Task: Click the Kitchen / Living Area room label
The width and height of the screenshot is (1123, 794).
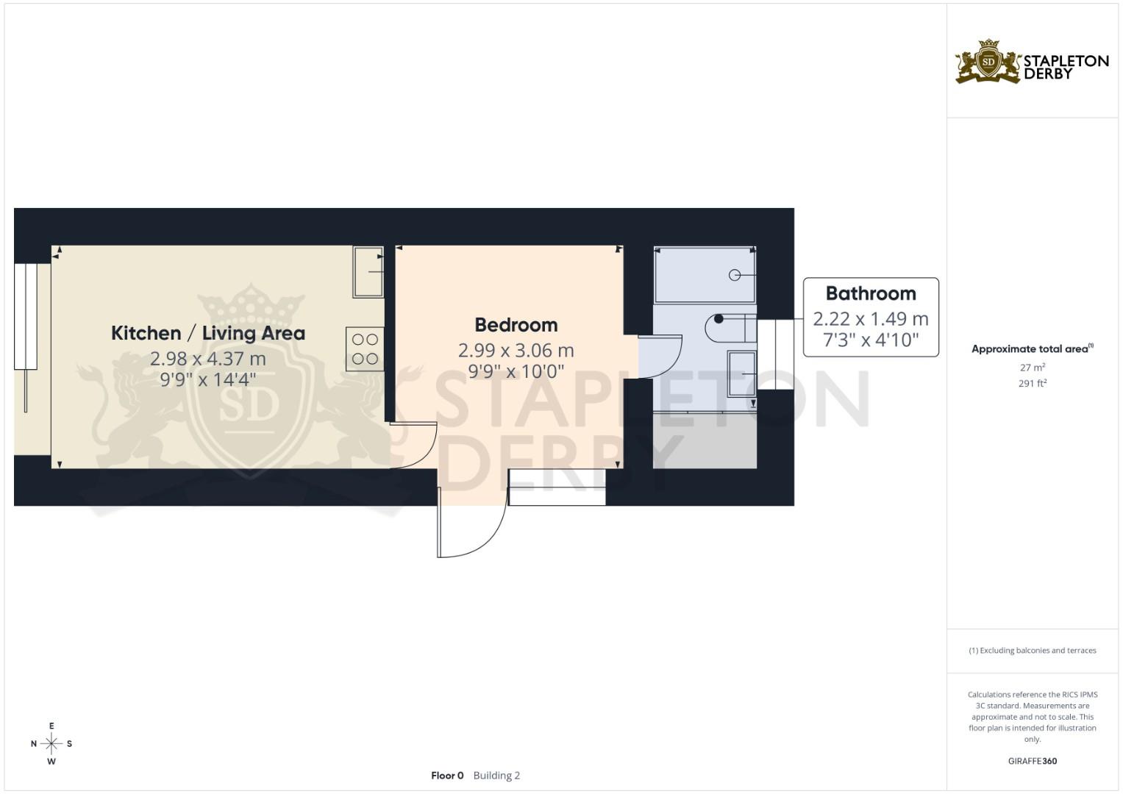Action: click(x=207, y=333)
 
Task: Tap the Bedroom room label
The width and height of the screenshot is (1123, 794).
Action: click(x=516, y=325)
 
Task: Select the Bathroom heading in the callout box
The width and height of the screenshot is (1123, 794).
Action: click(x=871, y=293)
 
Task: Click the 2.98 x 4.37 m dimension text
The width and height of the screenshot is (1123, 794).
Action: click(x=207, y=359)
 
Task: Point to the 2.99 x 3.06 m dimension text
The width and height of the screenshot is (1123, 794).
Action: click(x=516, y=351)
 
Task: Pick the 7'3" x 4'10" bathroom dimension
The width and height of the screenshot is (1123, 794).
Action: click(x=871, y=340)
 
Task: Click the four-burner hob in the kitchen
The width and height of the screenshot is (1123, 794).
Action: click(x=365, y=349)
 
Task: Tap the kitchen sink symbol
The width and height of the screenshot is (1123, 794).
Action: click(x=368, y=272)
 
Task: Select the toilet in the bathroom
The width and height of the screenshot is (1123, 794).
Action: click(x=730, y=328)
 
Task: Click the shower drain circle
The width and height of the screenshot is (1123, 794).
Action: click(x=734, y=275)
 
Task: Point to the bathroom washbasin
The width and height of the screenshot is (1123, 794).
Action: click(x=741, y=374)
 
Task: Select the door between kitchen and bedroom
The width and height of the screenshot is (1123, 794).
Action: click(x=414, y=446)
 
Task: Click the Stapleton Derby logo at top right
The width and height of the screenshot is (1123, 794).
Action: click(x=1031, y=62)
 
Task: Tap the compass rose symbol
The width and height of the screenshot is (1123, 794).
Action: click(x=51, y=744)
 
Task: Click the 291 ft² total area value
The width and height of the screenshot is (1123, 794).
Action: click(x=1032, y=383)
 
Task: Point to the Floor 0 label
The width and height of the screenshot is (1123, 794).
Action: click(x=447, y=776)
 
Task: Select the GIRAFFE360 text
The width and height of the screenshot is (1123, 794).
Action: click(x=1032, y=761)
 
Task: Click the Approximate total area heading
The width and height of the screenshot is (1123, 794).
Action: click(x=1032, y=349)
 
